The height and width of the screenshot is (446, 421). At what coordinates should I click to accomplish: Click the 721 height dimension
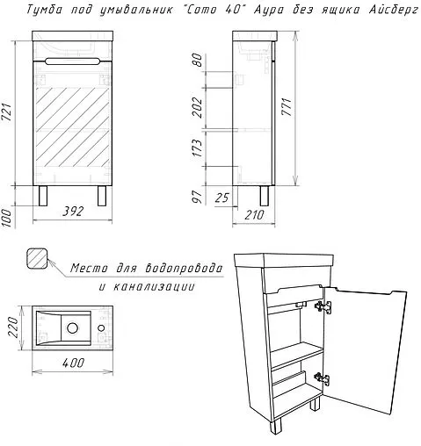point(7,111)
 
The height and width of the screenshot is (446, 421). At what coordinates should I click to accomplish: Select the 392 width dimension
point(73,211)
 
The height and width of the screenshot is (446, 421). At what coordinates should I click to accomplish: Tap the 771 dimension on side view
point(287,107)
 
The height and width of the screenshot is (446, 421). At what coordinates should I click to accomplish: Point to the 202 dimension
point(198,107)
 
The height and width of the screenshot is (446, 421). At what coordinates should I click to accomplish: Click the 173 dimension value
point(198,148)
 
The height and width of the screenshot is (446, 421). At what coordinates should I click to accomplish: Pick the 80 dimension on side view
point(198,60)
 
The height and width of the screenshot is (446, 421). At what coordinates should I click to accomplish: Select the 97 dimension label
point(198,197)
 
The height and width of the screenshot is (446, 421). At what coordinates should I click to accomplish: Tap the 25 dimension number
point(221,198)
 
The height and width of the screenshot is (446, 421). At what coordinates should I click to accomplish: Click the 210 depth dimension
point(254,215)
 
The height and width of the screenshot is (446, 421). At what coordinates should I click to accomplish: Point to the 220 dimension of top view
point(12,327)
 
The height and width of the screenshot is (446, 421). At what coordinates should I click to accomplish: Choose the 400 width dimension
point(73,363)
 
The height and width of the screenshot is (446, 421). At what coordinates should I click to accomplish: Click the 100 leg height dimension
point(7,218)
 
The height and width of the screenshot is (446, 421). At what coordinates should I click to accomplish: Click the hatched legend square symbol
point(37,258)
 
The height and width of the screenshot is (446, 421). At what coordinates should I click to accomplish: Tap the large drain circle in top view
point(72,327)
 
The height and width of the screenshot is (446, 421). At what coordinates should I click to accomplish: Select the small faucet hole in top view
point(102,327)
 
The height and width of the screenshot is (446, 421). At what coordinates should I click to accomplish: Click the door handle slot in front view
point(73,61)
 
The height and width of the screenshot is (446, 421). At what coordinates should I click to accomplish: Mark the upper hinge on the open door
point(323,306)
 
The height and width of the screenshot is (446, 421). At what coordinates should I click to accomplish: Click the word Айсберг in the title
point(394,11)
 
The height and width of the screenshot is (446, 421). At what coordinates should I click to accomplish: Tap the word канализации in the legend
point(154,286)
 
